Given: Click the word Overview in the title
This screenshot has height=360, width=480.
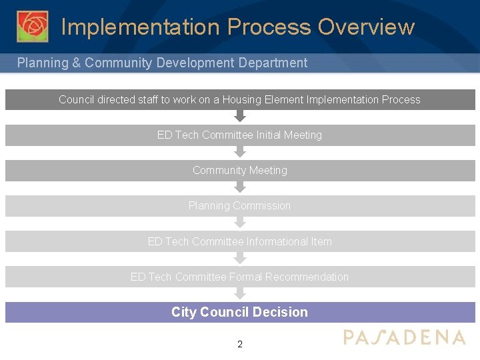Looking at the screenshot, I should [x=366, y=27].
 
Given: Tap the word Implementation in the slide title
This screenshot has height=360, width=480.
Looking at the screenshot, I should [x=139, y=27].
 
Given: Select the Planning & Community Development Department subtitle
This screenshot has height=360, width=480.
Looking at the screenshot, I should [x=162, y=63].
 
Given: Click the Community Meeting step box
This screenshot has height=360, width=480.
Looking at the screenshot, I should [x=240, y=171].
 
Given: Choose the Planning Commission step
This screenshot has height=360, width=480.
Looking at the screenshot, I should [x=240, y=206].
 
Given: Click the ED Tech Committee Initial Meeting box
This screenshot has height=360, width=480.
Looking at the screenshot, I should [x=240, y=135].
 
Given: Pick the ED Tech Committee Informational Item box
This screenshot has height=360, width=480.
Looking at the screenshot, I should [x=240, y=241].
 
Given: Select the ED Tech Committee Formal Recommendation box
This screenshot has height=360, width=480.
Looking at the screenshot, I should [x=240, y=277].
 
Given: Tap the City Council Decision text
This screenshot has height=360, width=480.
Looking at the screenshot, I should [x=240, y=312].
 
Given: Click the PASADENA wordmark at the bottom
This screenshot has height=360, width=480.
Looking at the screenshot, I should [x=404, y=337].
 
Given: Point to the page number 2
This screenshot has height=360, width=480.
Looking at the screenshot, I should [x=240, y=344].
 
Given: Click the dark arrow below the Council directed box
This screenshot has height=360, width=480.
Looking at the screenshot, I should [x=240, y=117].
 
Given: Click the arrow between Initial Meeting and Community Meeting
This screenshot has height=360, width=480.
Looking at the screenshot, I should [x=240, y=152].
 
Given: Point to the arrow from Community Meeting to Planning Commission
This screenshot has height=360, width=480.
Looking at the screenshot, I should [x=240, y=187].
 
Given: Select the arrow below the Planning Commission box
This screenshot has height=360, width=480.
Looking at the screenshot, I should [x=240, y=223].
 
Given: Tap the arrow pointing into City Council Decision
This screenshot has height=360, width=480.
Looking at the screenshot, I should [x=240, y=293].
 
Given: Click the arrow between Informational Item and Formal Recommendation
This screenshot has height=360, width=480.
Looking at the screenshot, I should [x=240, y=258].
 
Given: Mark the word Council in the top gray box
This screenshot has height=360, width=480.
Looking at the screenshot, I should [x=77, y=100].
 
